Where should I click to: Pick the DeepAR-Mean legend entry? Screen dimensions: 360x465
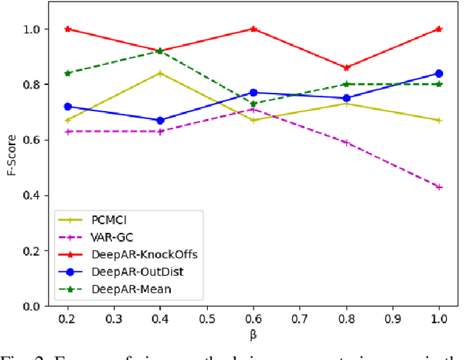pos(119,288)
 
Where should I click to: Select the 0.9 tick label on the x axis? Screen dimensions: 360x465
pos(392,320)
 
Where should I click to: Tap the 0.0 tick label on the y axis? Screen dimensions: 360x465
pos(33,306)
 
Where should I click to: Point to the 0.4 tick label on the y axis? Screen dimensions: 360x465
pos(33,196)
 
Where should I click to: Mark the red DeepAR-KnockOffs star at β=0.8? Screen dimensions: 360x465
pos(346,67)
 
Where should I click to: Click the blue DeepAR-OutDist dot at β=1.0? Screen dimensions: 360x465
pos(439,73)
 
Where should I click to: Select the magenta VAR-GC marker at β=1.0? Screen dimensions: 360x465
pos(439,187)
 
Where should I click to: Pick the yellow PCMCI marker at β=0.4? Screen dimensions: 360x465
pos(160,73)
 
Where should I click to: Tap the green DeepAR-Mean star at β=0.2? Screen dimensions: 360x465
pos(68,73)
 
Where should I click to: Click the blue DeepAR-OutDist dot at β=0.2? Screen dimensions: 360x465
pos(68,107)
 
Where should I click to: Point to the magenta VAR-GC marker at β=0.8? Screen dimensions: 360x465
pos(346,142)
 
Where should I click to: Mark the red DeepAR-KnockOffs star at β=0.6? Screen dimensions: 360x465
pos(253,29)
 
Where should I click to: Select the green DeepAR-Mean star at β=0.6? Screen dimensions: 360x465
pos(253,104)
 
